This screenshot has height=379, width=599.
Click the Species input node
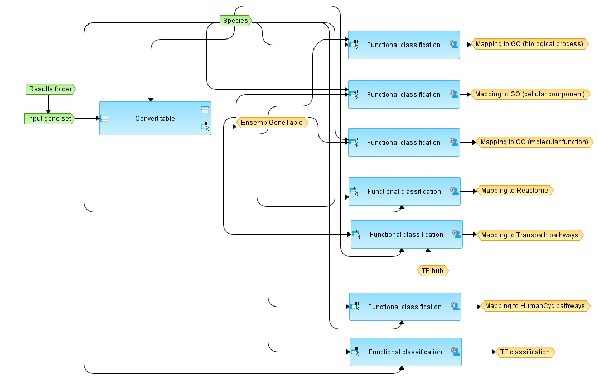(235, 21)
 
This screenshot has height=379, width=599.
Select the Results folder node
(50, 89)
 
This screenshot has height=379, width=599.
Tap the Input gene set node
(49, 119)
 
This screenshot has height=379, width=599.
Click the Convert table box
(155, 119)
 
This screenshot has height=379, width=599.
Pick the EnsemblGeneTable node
(272, 123)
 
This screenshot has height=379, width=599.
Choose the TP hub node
(433, 271)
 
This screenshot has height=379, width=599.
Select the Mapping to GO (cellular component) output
(530, 94)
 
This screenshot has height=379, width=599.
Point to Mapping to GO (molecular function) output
(533, 142)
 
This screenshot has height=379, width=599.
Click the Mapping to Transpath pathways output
(529, 235)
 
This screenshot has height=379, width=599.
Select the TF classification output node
(525, 352)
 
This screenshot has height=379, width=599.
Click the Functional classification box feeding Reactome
(404, 192)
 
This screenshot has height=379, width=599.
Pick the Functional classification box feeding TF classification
(405, 352)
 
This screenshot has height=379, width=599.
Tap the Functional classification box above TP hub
(407, 235)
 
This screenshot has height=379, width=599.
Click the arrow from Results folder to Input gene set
(49, 104)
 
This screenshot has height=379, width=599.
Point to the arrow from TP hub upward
(428, 257)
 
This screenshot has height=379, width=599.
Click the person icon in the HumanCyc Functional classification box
(455, 307)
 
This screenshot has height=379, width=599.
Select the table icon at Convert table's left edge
(104, 118)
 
